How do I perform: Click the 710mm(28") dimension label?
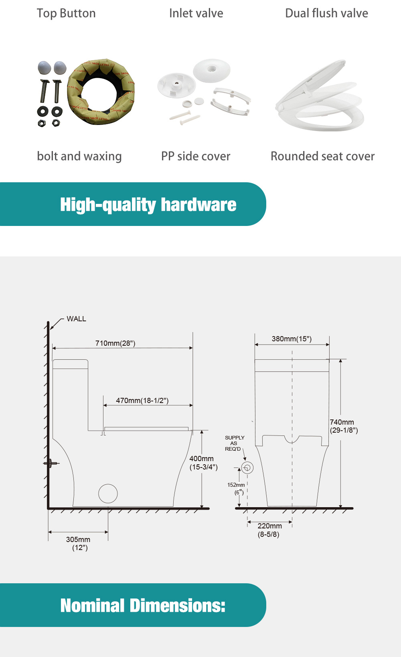[x=115, y=343]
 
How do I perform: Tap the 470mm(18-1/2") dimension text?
[x=142, y=400]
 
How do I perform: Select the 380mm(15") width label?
[x=292, y=339]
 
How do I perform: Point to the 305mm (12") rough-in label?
[x=78, y=544]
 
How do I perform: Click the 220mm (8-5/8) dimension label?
[x=269, y=530]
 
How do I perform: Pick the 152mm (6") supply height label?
[x=236, y=489]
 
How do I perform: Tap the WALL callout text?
[x=76, y=319]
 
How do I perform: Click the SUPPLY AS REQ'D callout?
[x=234, y=443]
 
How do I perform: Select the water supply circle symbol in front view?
[x=247, y=468]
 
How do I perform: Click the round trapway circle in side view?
[x=108, y=494]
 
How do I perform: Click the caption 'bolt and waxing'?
[x=79, y=156]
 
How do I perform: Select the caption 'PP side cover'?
[x=196, y=156]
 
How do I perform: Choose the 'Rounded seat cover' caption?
[x=323, y=156]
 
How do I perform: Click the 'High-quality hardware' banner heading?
[x=148, y=204]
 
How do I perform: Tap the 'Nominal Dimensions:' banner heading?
[x=143, y=605]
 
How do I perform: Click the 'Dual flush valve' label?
[x=326, y=13]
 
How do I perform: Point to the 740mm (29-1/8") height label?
[x=344, y=426]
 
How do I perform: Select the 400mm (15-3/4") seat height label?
[x=203, y=463]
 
